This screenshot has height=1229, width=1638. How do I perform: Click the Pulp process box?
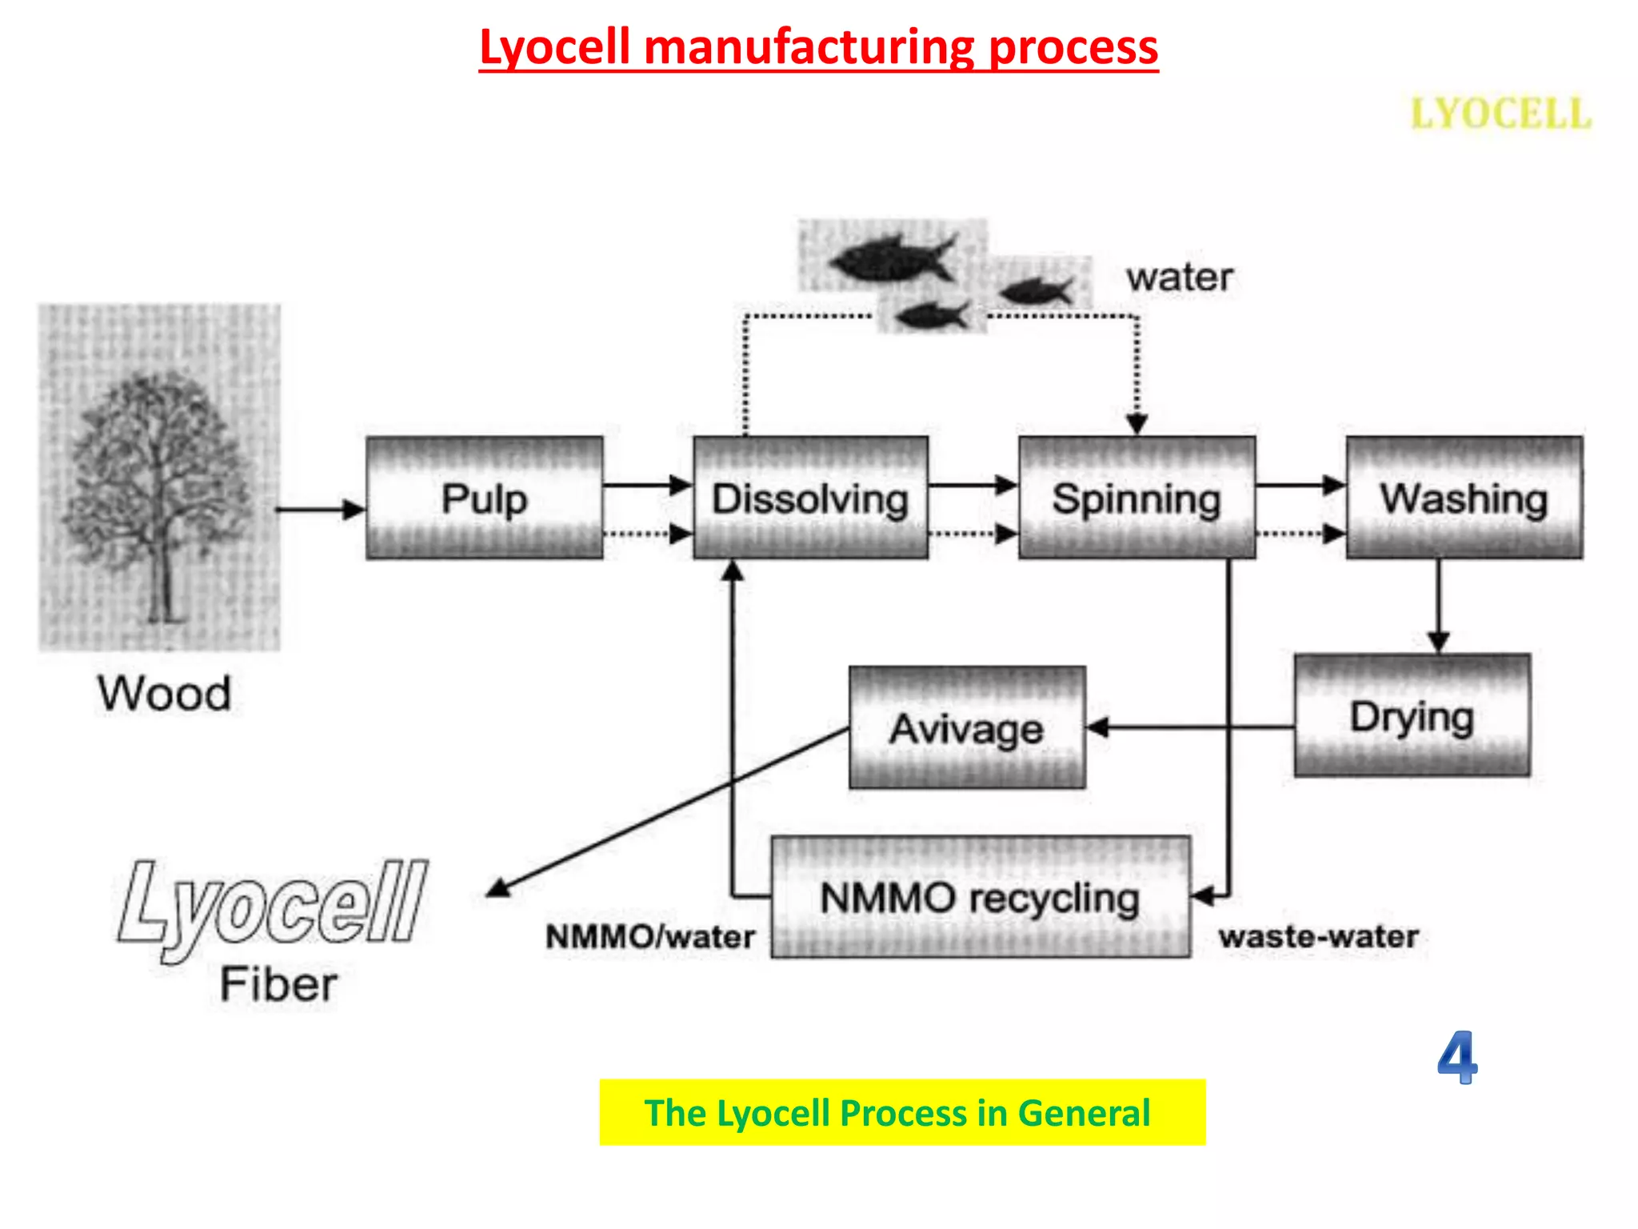tap(484, 498)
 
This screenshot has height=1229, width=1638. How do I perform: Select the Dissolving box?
tap(810, 498)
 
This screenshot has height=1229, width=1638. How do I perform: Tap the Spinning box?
tap(1136, 498)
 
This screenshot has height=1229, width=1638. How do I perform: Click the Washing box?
tap(1464, 498)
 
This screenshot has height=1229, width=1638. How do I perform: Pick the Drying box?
tap(1412, 715)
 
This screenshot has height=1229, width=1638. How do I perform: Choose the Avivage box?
tap(966, 727)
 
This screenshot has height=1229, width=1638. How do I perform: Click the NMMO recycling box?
tap(980, 897)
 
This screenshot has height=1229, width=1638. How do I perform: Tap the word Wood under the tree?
tap(165, 693)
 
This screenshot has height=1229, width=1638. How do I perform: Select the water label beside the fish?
tap(1179, 278)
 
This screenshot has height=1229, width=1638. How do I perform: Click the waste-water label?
tap(1318, 936)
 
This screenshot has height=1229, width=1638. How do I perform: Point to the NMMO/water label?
tap(649, 936)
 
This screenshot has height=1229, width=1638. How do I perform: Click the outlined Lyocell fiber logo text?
tap(272, 904)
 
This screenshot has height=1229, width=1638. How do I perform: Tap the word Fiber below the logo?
tap(278, 983)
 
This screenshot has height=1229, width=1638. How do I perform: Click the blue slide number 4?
tap(1456, 1057)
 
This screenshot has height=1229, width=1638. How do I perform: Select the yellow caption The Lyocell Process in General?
tap(901, 1112)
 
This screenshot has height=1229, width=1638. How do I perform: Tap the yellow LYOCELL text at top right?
tap(1500, 113)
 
